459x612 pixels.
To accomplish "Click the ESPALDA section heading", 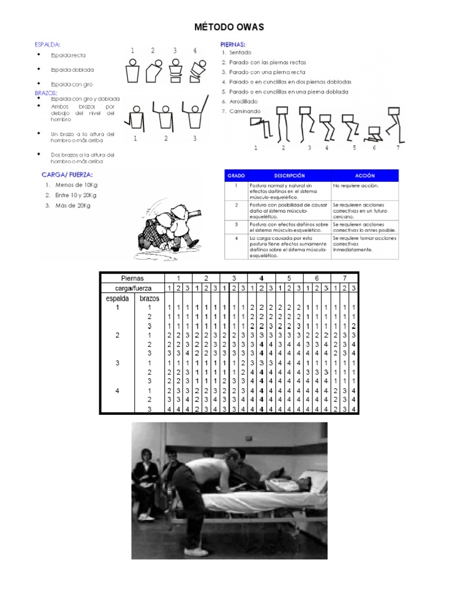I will click(x=48, y=44).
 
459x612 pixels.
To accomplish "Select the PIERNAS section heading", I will click(x=233, y=44).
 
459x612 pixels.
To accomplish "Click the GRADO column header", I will click(x=235, y=176).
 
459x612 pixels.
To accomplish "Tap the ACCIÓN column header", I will click(x=364, y=176).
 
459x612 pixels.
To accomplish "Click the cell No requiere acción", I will click(x=356, y=186).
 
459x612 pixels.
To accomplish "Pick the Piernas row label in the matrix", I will click(x=133, y=278).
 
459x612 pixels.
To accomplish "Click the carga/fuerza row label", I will click(x=133, y=288).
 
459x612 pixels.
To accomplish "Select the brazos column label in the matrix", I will click(x=149, y=298).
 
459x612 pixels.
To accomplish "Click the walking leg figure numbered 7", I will click(x=393, y=126).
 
